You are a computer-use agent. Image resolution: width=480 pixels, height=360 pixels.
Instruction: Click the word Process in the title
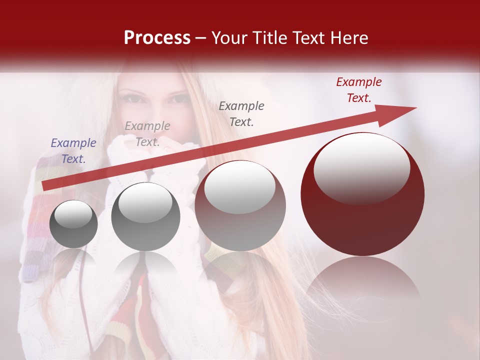point(157,38)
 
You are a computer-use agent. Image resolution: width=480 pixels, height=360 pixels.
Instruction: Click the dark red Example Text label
point(358,90)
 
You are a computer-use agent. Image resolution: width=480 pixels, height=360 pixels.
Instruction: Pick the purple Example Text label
point(73,151)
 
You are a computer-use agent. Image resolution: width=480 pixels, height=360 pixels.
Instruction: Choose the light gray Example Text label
point(147,133)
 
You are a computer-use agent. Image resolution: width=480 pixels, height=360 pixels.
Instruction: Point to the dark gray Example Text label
point(241,113)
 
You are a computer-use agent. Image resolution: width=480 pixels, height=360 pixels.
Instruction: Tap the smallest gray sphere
point(73,224)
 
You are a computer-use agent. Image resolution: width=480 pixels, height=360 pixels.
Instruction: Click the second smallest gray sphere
point(145,217)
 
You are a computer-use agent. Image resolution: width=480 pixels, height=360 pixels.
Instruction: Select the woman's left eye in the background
point(177,99)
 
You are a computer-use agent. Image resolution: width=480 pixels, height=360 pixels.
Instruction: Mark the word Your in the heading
point(227,38)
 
